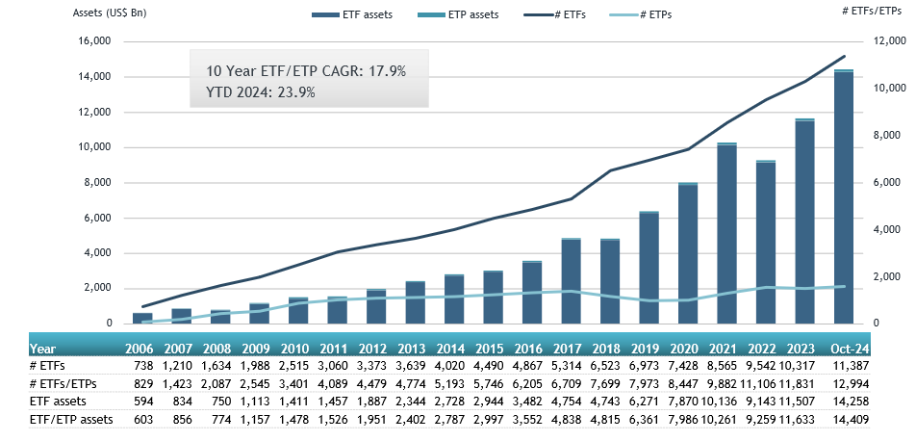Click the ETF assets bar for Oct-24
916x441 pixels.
pos(843,198)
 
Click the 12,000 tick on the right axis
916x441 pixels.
pos(885,41)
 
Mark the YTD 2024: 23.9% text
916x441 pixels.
pos(261,92)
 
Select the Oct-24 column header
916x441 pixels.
pos(849,350)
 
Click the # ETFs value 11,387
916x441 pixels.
pos(851,367)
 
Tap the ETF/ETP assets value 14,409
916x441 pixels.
pos(851,419)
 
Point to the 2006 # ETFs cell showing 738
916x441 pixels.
pos(142,367)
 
